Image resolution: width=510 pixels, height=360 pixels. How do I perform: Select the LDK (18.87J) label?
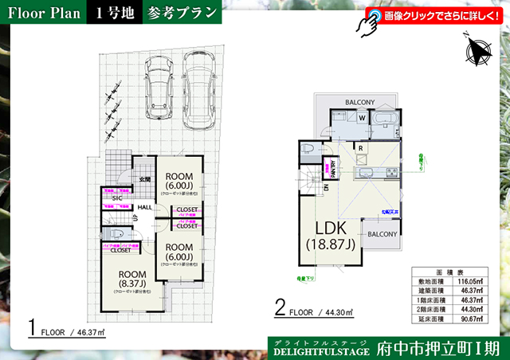[328, 234]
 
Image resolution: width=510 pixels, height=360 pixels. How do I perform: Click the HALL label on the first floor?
[144, 207]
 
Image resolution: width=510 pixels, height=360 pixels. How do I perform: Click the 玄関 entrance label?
[144, 180]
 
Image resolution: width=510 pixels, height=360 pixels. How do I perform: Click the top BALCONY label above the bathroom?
[360, 102]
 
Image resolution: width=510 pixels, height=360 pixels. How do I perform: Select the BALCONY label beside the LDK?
[382, 233]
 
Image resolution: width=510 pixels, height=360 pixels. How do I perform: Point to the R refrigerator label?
[360, 148]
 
